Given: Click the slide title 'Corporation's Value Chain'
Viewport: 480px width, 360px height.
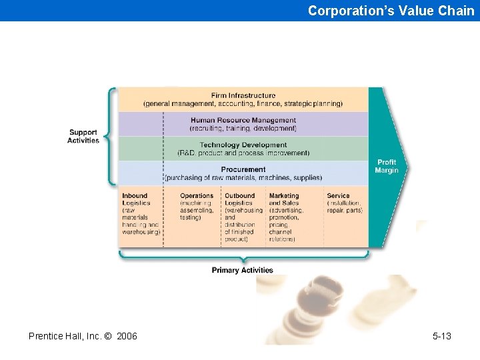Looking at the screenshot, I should (391, 11).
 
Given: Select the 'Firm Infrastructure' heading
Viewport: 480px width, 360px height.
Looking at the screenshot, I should (243, 95).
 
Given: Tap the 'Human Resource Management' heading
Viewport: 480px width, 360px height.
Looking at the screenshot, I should (243, 120).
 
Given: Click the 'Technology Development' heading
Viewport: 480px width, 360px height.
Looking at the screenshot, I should (243, 145).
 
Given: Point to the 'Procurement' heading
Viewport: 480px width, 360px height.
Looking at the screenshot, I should (243, 169).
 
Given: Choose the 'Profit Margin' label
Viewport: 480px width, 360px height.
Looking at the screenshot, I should (387, 166).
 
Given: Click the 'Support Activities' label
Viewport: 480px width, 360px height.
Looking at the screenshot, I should (83, 136).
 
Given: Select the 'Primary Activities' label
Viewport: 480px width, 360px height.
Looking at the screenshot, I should (243, 270).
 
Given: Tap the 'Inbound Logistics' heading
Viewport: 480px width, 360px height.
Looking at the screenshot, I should (135, 199).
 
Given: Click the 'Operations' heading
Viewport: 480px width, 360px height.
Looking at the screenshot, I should (197, 196).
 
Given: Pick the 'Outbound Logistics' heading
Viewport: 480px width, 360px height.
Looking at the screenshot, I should (239, 199).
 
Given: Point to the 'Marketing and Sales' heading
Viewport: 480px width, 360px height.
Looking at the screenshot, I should (284, 199).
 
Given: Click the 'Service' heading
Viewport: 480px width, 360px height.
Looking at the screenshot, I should (338, 196).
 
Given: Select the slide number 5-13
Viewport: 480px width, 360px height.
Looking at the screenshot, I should (441, 336).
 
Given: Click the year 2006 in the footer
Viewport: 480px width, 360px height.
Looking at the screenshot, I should (127, 336).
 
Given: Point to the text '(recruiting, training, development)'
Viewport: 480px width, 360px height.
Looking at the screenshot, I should (243, 128).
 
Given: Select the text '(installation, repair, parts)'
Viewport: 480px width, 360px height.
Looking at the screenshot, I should (345, 207).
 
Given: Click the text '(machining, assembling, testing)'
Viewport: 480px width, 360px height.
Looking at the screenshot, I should (197, 210).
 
